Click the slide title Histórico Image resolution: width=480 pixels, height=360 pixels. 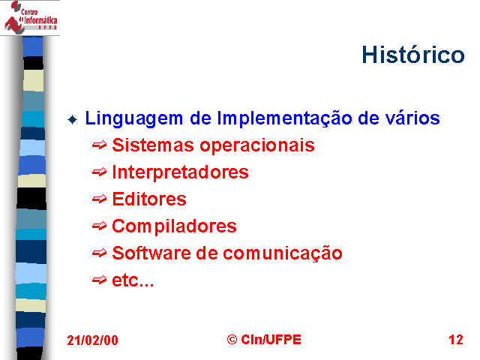point(413,55)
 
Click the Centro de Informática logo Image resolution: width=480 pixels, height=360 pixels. point(30,17)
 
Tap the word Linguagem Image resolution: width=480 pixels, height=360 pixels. point(133,118)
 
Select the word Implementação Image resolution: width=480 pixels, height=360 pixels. point(285,118)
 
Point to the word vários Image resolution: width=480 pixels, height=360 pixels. point(412,118)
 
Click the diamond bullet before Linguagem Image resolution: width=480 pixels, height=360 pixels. point(73,119)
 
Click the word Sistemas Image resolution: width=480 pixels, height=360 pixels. point(153,145)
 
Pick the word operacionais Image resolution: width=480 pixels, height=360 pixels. point(257,146)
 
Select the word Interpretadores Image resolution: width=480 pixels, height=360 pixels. point(180,172)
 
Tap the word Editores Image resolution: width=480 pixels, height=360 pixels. point(149,199)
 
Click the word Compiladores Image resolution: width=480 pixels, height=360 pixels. point(174,226)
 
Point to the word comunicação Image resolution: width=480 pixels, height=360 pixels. point(283,254)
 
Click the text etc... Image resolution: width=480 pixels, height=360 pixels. point(133,280)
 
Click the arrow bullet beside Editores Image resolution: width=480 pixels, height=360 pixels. point(100,199)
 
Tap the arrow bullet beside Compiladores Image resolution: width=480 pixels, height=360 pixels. point(100,226)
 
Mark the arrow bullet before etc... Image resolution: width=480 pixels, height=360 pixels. point(100,280)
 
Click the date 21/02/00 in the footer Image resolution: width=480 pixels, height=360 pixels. point(92,340)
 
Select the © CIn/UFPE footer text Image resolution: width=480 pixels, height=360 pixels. point(264,340)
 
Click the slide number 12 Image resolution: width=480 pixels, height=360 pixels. point(456,340)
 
